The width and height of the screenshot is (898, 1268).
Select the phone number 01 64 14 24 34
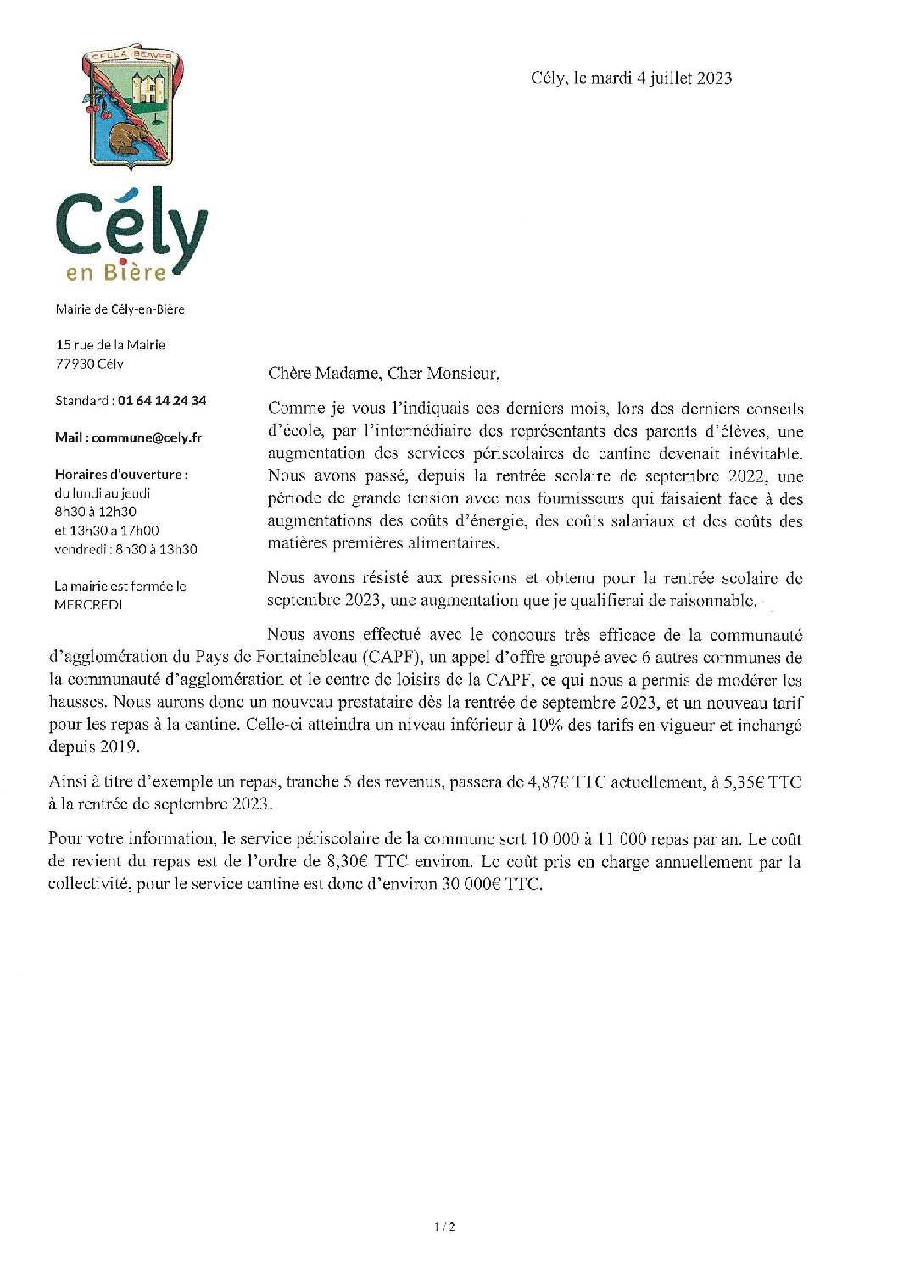162,400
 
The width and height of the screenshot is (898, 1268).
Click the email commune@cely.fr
147,437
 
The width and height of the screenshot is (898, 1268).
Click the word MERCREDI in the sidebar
88,605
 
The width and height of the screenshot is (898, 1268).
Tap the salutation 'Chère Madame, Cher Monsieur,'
383,373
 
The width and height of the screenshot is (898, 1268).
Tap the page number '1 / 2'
444,1226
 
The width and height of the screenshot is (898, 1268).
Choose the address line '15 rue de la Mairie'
111,344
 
